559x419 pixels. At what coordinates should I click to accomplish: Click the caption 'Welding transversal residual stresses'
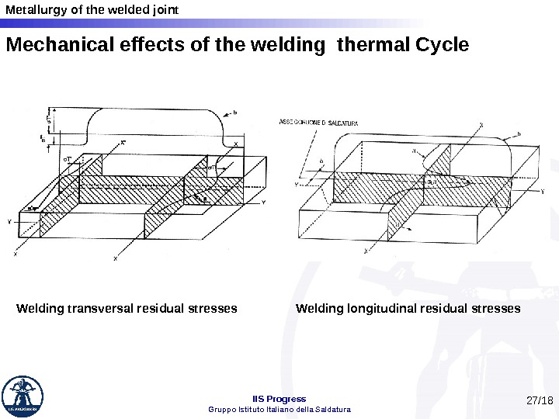(127, 309)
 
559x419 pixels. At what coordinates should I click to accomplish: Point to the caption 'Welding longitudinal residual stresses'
(408, 309)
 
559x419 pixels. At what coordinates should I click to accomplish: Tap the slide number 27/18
(539, 401)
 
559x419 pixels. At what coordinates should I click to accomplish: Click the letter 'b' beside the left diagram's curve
(234, 113)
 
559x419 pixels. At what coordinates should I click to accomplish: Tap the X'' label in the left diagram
(123, 143)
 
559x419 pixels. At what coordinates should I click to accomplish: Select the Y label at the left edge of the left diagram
(9, 222)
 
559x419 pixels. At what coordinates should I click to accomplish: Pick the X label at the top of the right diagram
(481, 124)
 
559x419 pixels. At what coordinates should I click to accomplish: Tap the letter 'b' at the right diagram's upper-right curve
(519, 134)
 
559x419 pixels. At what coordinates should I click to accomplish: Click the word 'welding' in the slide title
(295, 45)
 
